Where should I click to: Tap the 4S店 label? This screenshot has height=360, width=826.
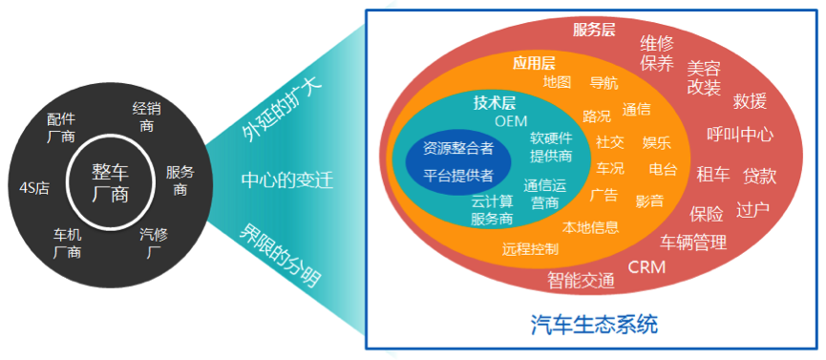click(34, 189)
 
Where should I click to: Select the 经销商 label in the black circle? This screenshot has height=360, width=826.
click(146, 117)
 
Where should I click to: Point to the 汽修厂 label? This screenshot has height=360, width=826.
click(154, 243)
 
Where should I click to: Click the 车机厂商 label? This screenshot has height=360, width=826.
click(67, 243)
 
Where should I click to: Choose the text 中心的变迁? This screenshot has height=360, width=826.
click(287, 180)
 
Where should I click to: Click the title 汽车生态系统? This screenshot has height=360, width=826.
click(594, 325)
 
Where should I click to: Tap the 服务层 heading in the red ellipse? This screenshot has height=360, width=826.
click(594, 30)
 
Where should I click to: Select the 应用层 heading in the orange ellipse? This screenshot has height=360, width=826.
click(534, 63)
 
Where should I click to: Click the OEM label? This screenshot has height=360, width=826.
click(511, 121)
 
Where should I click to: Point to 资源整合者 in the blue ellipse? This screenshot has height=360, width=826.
click(458, 148)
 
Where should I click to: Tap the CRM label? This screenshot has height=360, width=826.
click(646, 267)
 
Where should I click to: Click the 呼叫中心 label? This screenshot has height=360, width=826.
click(740, 135)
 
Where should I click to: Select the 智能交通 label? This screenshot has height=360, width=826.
click(581, 281)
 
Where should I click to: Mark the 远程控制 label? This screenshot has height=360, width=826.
click(531, 249)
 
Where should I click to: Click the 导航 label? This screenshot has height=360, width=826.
click(604, 83)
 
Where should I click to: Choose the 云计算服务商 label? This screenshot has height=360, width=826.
click(492, 210)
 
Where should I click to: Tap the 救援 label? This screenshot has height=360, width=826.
click(750, 101)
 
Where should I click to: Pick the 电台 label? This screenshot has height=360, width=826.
click(664, 169)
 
